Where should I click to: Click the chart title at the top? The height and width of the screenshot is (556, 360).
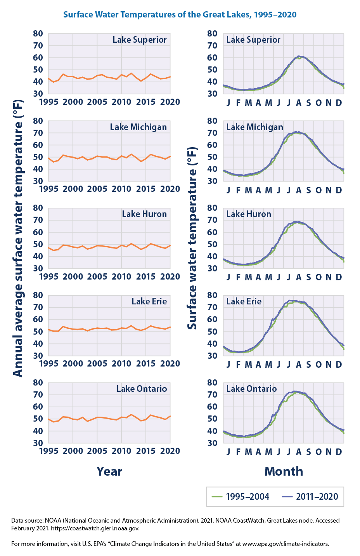pos(180,15)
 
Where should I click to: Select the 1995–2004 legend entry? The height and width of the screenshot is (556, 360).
pos(241,497)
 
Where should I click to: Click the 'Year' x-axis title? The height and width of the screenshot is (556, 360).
pos(109,471)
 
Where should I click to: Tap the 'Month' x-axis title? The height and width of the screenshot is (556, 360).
pos(284,471)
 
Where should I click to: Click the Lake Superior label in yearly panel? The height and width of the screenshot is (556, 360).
pos(140,40)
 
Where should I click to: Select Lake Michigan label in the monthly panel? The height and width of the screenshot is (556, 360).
pos(254,127)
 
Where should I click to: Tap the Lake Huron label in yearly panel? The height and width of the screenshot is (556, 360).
pos(144,214)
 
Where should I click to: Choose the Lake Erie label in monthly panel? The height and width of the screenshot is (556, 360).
pos(244,302)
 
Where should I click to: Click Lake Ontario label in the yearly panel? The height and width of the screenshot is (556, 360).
pos(142,389)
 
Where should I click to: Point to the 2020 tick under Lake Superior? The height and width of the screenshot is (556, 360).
pos(170,102)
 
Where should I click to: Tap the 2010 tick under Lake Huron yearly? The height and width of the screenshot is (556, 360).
pos(121,277)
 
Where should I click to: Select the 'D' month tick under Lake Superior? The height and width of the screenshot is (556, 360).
pos(339,103)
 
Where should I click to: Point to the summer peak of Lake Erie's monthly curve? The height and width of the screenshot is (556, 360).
pos(294,301)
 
